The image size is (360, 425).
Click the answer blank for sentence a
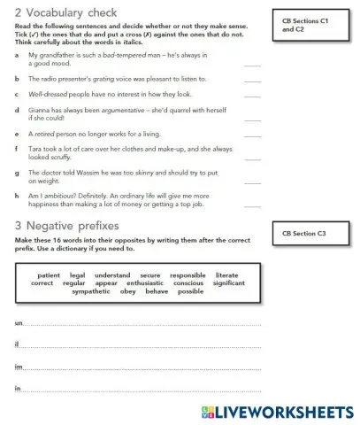(252, 65)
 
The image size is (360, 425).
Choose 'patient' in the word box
(49, 275)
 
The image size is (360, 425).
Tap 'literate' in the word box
(226, 275)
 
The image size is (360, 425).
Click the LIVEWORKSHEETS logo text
(283, 412)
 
